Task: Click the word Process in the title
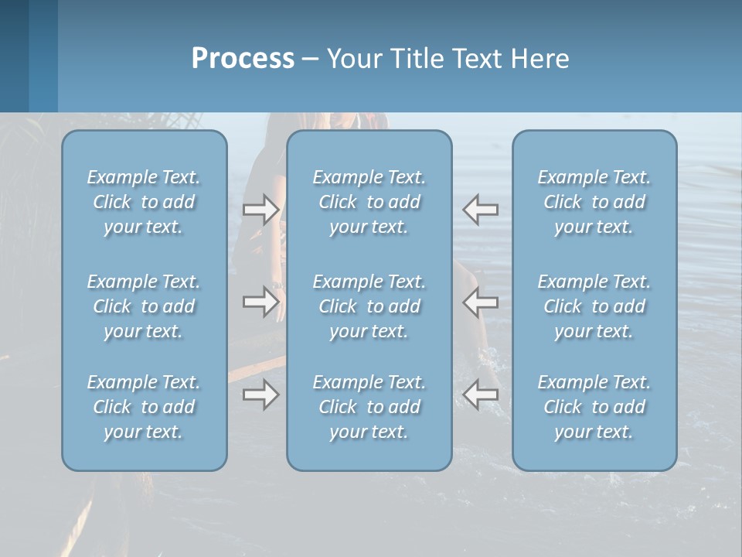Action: (243, 59)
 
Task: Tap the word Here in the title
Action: (539, 59)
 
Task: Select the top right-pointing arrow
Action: (260, 209)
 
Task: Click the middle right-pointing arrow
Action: (260, 301)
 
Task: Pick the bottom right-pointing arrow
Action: (260, 395)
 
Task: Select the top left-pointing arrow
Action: (480, 209)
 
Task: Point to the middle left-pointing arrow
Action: (480, 301)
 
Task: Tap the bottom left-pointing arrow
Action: (480, 395)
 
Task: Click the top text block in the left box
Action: (144, 202)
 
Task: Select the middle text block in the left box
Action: (144, 306)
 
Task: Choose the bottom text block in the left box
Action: (144, 407)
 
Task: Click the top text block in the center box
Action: (369, 202)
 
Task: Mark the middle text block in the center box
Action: (369, 306)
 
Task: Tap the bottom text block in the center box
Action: (369, 407)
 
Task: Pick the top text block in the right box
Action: (594, 202)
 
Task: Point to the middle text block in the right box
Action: (594, 306)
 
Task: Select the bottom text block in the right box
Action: (594, 407)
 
